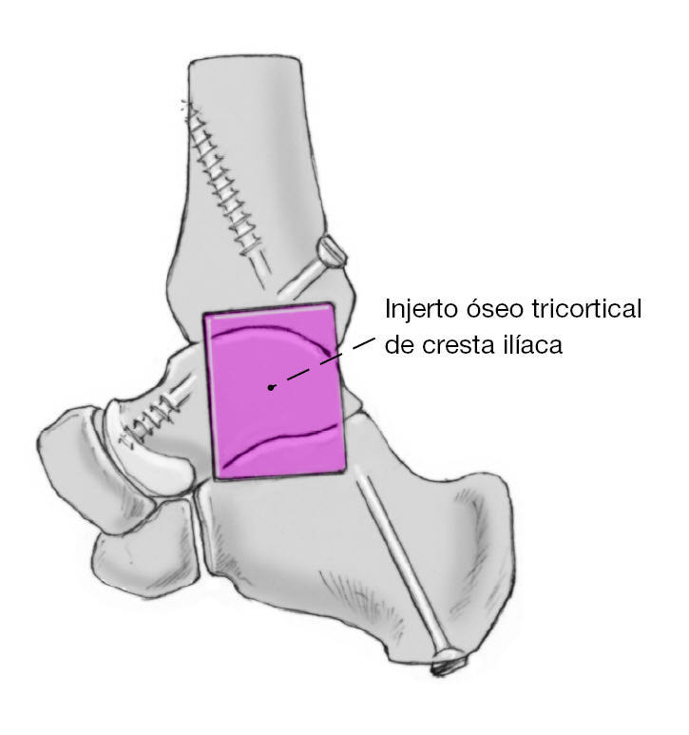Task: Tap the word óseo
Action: pos(487,310)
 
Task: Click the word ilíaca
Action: pos(533,343)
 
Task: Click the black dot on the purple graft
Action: pos(272,387)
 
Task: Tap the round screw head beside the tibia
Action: pos(332,251)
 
